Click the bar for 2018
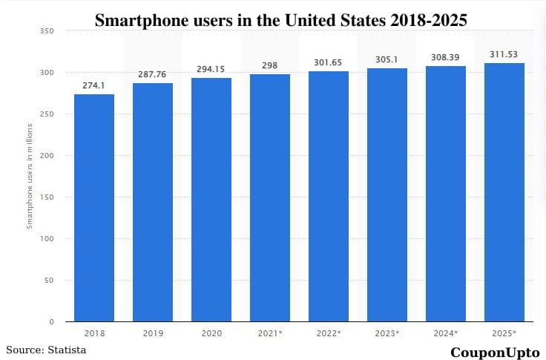(x=94, y=208)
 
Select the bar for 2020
(x=211, y=200)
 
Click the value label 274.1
(x=94, y=85)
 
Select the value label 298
(x=270, y=65)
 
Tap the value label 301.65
(x=329, y=62)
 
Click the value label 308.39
(x=446, y=57)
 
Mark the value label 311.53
(x=504, y=54)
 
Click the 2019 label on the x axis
(x=153, y=333)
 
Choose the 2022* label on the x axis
(x=329, y=333)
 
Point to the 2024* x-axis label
(x=446, y=333)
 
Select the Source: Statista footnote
(x=46, y=349)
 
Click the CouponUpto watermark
(x=495, y=352)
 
